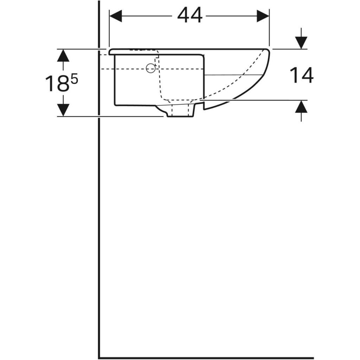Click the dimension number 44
[x=189, y=15]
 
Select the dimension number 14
[x=301, y=75]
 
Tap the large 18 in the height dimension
[x=57, y=84]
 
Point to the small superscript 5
[x=75, y=80]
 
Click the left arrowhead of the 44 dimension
[x=116, y=16]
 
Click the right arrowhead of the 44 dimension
[x=263, y=16]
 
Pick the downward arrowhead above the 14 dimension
[x=301, y=43]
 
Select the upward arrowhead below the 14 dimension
[x=301, y=107]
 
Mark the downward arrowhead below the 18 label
[x=63, y=110]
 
